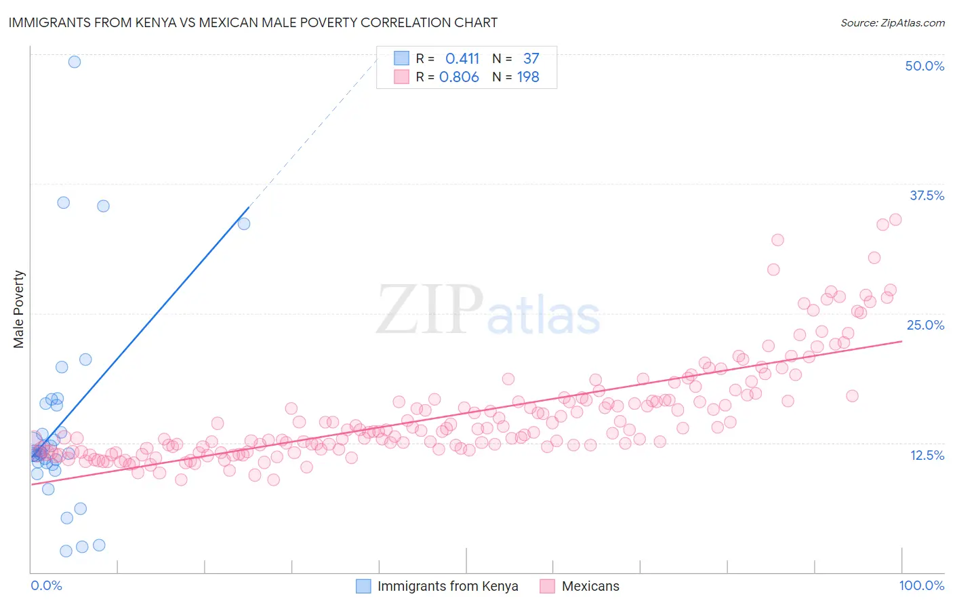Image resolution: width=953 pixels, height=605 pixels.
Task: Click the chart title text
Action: click(x=253, y=22)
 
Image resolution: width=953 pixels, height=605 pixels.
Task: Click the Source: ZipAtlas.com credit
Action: click(x=892, y=22)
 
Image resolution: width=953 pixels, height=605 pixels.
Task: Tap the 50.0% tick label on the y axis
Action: click(x=925, y=66)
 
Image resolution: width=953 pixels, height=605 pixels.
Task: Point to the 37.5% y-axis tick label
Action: click(x=927, y=195)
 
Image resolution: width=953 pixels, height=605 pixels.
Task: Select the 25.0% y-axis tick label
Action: click(x=925, y=325)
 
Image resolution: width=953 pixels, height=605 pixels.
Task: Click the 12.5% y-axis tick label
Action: click(x=927, y=454)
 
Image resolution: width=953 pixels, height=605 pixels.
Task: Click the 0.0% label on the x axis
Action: click(x=46, y=585)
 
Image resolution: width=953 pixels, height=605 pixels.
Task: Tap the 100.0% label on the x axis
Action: click(x=921, y=585)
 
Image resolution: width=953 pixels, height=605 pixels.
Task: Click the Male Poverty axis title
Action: click(x=18, y=309)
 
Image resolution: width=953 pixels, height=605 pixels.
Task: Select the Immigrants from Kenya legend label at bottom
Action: click(x=447, y=586)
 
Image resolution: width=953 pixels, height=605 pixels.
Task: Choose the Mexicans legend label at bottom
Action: click(x=590, y=586)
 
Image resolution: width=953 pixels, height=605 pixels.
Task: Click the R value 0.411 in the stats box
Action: click(x=462, y=59)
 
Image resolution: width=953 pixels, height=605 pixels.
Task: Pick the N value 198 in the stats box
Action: click(x=528, y=77)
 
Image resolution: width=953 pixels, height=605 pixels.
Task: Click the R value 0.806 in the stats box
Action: click(x=459, y=77)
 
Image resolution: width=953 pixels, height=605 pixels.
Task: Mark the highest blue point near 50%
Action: click(x=75, y=62)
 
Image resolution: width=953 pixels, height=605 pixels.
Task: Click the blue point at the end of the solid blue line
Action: click(x=244, y=223)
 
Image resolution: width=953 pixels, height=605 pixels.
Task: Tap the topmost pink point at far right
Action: click(x=895, y=219)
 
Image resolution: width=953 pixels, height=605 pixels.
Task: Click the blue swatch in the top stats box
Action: click(x=401, y=58)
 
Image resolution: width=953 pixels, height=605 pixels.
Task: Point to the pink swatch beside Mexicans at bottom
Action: click(x=547, y=586)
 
